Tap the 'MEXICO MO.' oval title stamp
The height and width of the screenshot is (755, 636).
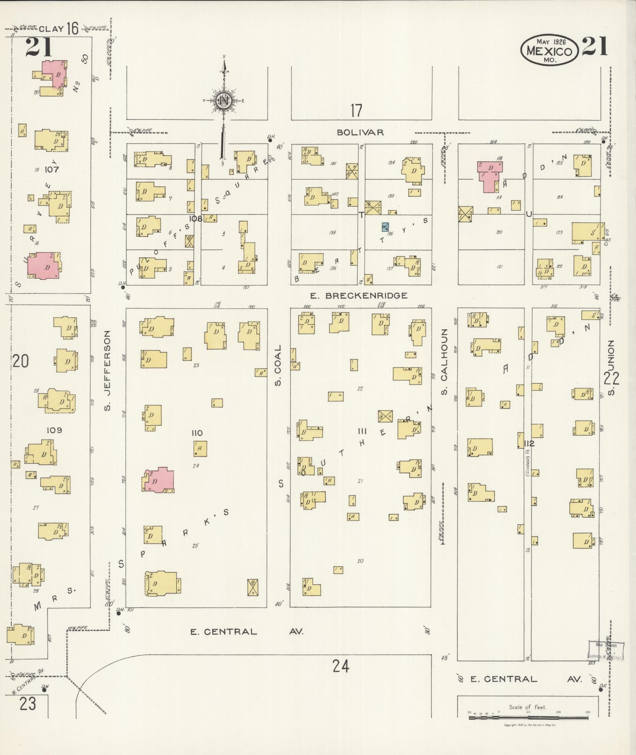pyautogui.click(x=549, y=51)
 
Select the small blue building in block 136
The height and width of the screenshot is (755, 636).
pyautogui.click(x=385, y=227)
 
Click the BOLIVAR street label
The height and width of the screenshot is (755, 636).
pyautogui.click(x=360, y=133)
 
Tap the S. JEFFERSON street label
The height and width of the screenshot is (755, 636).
pyautogui.click(x=107, y=371)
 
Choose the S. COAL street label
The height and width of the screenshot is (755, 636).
pyautogui.click(x=278, y=365)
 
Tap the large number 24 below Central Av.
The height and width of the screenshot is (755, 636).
pyautogui.click(x=341, y=667)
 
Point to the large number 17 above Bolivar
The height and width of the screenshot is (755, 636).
pyautogui.click(x=356, y=111)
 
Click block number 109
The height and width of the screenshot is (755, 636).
pyautogui.click(x=54, y=430)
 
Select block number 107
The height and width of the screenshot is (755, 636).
pyautogui.click(x=52, y=170)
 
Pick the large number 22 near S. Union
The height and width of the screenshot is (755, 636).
pyautogui.click(x=611, y=378)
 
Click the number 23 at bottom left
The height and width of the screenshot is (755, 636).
pyautogui.click(x=27, y=704)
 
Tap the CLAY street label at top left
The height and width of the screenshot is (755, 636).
pyautogui.click(x=51, y=28)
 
